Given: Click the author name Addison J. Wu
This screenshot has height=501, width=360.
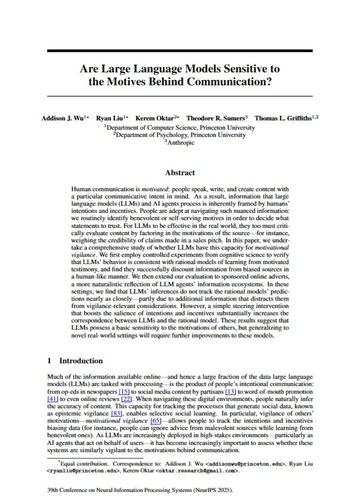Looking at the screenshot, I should pyautogui.click(x=62, y=118).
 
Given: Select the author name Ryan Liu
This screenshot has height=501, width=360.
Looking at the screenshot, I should pyautogui.click(x=110, y=118).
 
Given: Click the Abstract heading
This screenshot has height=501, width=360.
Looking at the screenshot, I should pyautogui.click(x=179, y=173).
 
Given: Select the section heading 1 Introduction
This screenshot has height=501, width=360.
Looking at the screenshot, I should pyautogui.click(x=74, y=360).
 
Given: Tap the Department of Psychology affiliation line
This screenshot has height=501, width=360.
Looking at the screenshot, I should pyautogui.click(x=179, y=134).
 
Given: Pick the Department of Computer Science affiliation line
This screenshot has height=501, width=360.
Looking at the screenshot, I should pyautogui.click(x=179, y=127).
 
